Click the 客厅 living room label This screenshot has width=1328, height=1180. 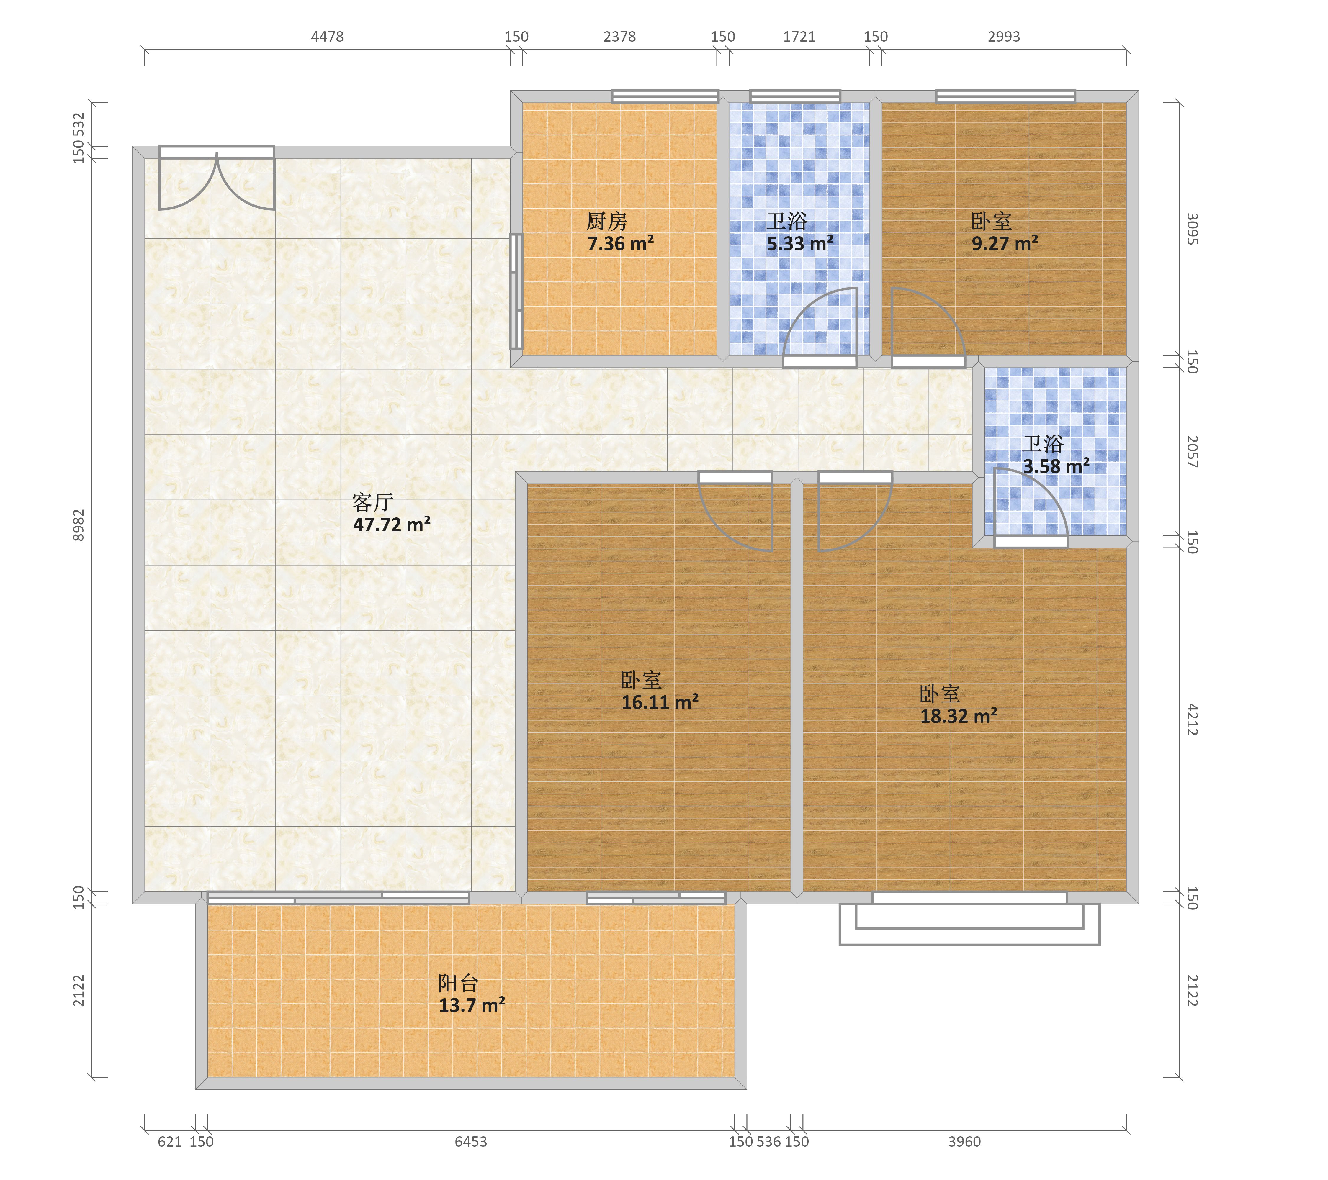point(373,502)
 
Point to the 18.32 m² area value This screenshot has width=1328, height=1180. point(958,716)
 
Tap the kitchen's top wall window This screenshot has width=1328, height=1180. point(665,96)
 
